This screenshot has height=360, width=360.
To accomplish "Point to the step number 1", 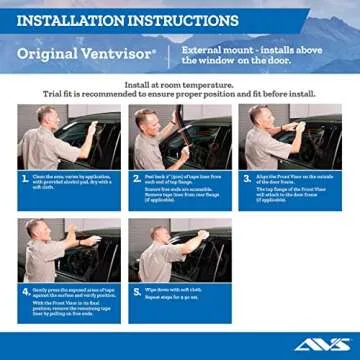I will (x=24, y=178).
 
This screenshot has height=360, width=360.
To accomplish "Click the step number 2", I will (x=136, y=178).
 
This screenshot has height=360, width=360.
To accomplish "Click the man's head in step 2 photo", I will (x=150, y=118).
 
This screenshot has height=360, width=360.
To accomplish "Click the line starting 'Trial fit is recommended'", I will (x=180, y=93).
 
